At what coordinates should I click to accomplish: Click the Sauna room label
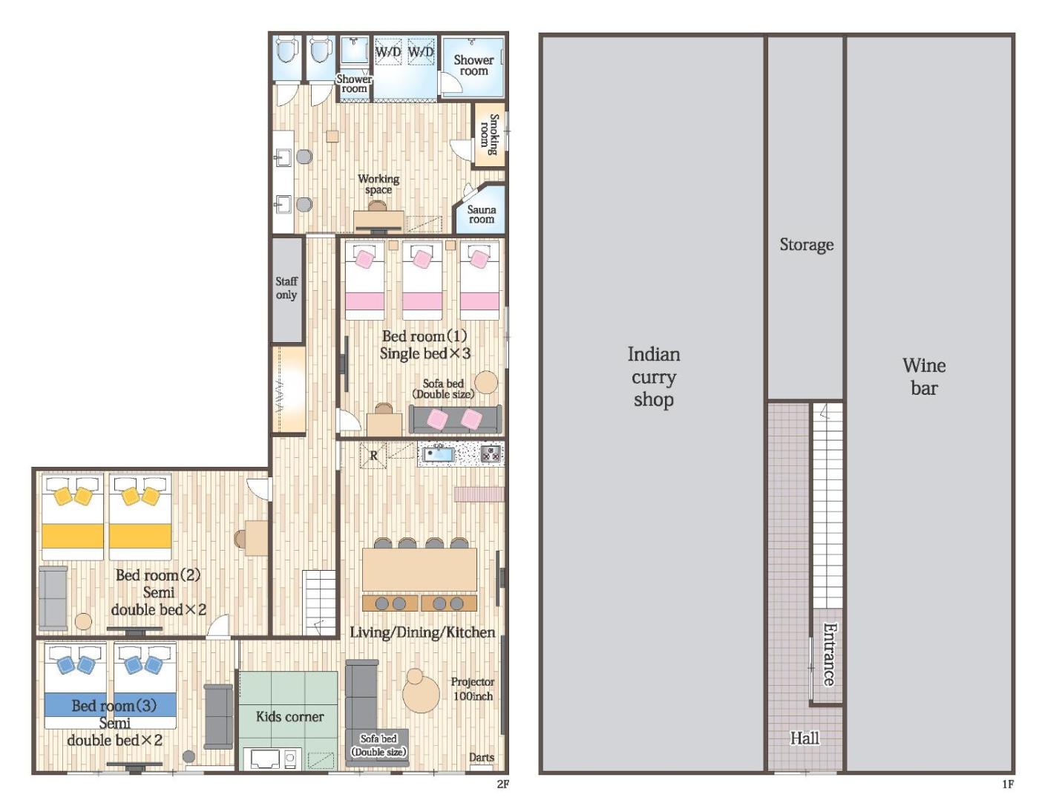(481, 214)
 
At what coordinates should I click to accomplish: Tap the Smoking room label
(489, 134)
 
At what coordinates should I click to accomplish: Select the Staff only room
(287, 289)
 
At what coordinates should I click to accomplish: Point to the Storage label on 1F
(806, 244)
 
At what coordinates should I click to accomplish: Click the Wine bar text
(924, 377)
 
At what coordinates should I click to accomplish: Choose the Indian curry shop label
(654, 377)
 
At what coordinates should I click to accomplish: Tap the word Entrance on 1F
(829, 654)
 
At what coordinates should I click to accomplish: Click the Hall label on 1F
(804, 738)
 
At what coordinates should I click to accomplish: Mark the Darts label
(482, 757)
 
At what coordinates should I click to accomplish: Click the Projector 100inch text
(473, 689)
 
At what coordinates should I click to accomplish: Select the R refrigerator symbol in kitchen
(373, 455)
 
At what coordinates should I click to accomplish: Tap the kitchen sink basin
(436, 453)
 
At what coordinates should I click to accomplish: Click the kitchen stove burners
(491, 453)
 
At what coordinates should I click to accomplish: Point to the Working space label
(378, 184)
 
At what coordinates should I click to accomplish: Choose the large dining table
(419, 569)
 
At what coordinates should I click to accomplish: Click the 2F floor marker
(502, 785)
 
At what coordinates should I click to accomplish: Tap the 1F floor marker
(1007, 785)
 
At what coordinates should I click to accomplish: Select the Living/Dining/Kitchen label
(422, 632)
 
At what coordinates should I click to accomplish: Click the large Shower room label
(473, 65)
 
